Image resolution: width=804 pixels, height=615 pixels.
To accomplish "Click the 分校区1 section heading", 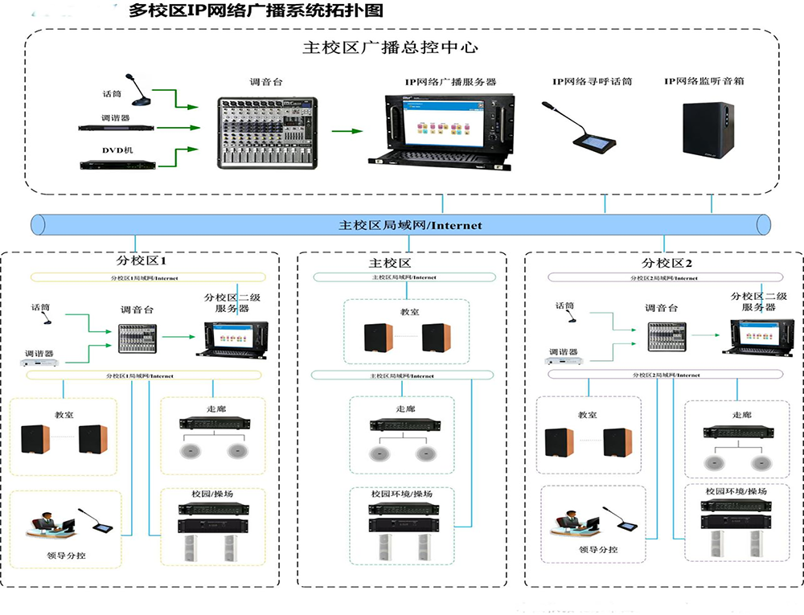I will (x=142, y=262).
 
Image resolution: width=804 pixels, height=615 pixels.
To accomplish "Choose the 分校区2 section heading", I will (x=667, y=263).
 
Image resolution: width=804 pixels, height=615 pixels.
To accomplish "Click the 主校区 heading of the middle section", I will (x=390, y=263).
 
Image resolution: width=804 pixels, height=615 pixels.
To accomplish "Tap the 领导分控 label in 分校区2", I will (x=597, y=549).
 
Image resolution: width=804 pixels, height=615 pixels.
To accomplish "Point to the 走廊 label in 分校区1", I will (x=216, y=408).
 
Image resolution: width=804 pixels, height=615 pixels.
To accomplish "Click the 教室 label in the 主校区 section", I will (x=406, y=310).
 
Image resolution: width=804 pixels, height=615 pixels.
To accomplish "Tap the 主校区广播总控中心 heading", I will (x=390, y=47).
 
